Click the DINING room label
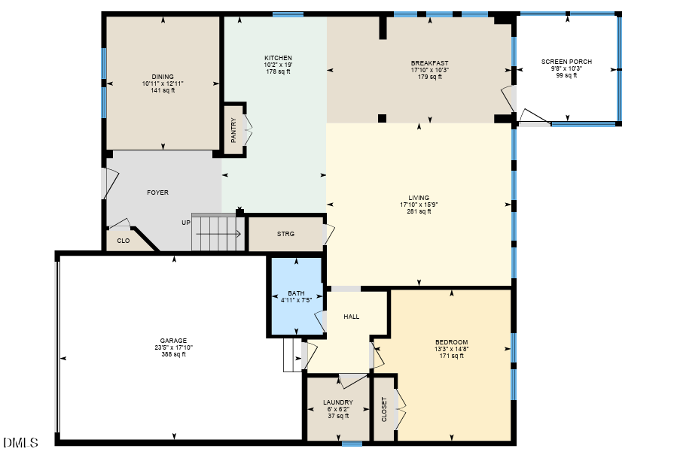163,77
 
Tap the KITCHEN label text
278,58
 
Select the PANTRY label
233,130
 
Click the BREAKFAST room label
429,63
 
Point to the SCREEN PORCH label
566,62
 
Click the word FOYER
157,193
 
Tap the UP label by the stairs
185,223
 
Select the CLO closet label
123,241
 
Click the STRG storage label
285,234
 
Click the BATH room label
296,293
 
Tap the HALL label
351,317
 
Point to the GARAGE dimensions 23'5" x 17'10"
173,347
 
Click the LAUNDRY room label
338,402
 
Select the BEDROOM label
451,342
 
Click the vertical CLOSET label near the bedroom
384,409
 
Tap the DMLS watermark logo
20,443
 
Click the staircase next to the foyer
215,234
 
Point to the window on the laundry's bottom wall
352,444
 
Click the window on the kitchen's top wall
288,14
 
